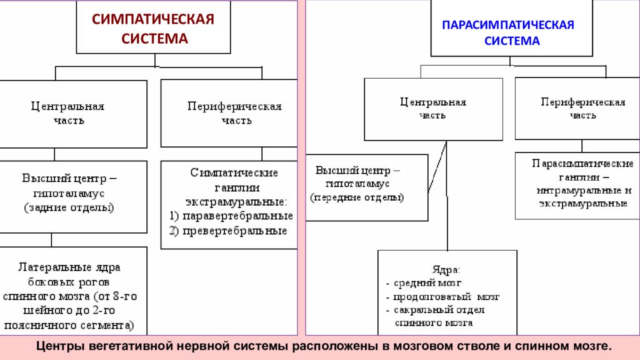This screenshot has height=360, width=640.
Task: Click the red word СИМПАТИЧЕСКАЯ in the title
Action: coord(152,19)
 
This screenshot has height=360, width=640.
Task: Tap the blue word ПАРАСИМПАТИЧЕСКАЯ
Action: coord(508,25)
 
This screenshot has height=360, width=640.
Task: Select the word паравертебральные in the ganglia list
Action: coord(237,216)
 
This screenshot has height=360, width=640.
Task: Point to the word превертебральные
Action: coord(235,231)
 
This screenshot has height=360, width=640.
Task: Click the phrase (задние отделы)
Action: coord(69,207)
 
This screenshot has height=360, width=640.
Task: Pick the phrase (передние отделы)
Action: coord(357,197)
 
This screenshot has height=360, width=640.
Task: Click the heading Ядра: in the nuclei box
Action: coord(446,270)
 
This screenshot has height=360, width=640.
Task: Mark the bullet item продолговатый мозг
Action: coord(446,297)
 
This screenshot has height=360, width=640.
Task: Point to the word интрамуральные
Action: coord(574,190)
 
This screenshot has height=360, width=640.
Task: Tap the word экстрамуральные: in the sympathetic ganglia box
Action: coord(236,202)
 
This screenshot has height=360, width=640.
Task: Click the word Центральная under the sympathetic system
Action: coord(67,106)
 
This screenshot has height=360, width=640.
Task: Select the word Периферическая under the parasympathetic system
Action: coord(583,102)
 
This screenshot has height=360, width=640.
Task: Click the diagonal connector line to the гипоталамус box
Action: coord(437,167)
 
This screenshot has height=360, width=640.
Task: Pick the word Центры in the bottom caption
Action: coord(60,346)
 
